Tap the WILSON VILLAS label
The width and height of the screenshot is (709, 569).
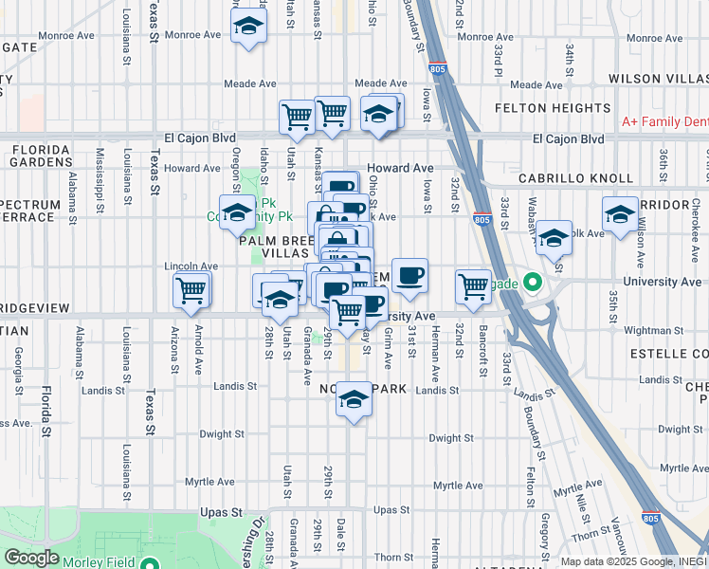click(658, 78)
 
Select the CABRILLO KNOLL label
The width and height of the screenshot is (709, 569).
click(575, 178)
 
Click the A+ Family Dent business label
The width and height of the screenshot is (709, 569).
click(664, 121)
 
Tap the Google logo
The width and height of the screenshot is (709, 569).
click(31, 557)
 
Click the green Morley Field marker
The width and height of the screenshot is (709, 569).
click(149, 562)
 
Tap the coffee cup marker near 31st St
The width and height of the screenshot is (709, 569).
click(409, 276)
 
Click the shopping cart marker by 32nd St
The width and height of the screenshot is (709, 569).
click(472, 285)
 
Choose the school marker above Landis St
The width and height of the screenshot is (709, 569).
click(354, 398)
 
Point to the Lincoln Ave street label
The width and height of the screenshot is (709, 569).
click(185, 266)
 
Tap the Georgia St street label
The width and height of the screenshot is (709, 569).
click(19, 369)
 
